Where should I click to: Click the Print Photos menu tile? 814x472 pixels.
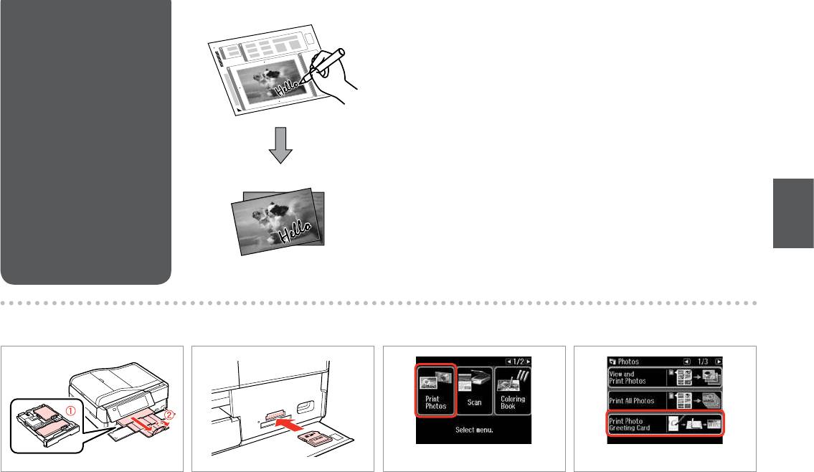point(435,390)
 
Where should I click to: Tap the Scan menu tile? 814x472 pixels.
point(475,391)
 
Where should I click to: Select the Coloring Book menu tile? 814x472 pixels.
point(512,391)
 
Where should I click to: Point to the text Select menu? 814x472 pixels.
point(474,430)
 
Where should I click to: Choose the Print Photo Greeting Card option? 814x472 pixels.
point(665,424)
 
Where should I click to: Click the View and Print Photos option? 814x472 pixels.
point(665,377)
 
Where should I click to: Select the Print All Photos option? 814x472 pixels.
point(665,401)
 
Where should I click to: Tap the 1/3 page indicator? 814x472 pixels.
point(703,362)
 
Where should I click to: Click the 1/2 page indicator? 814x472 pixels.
point(519,362)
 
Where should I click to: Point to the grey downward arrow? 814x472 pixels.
point(280,145)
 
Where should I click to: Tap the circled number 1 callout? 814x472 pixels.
point(71,411)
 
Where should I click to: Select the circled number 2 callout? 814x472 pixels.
point(170,415)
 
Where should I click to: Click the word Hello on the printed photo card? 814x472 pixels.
point(296,232)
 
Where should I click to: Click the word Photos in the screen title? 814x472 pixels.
point(628,362)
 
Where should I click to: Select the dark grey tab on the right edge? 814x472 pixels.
point(793,214)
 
